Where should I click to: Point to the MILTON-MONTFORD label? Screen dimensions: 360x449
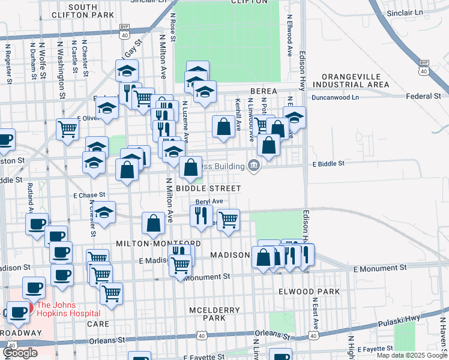click(x=158, y=244)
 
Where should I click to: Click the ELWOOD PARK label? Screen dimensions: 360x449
click(x=310, y=292)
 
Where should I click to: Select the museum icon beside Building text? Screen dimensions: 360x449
click(x=254, y=166)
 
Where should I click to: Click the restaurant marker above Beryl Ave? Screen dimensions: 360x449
click(x=201, y=215)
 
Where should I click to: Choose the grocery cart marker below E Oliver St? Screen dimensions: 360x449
click(x=67, y=128)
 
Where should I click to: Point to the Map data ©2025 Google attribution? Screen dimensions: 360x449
click(x=411, y=355)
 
